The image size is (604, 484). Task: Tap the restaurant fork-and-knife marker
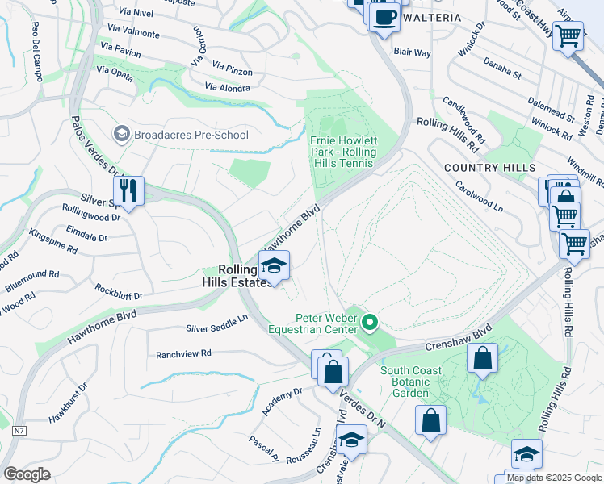tap(128, 191)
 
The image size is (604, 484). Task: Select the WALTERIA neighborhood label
tap(432, 18)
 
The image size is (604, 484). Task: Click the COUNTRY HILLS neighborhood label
tap(489, 168)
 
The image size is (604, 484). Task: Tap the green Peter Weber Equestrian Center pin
tap(370, 323)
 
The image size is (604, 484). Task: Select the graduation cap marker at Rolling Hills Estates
tap(275, 266)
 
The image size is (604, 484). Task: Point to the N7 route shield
tap(19, 432)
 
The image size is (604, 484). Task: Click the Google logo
tap(27, 474)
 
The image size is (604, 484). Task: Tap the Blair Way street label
tap(412, 52)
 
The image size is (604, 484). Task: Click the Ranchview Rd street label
tap(183, 353)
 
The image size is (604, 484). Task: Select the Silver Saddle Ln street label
tap(216, 323)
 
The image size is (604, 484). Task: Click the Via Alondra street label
tap(228, 87)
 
